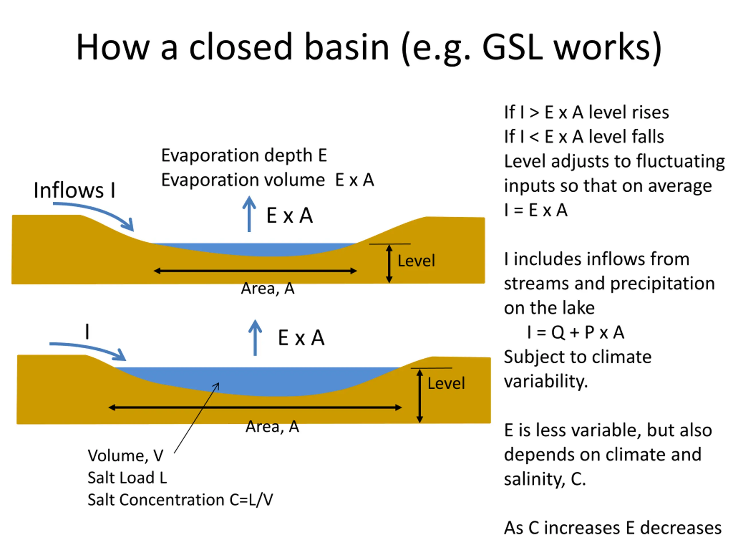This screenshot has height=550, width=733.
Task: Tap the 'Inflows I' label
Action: click(x=74, y=190)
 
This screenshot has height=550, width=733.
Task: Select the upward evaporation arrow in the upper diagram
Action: click(x=249, y=214)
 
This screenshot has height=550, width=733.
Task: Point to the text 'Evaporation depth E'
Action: click(x=244, y=155)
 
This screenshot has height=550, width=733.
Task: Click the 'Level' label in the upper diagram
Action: click(x=416, y=261)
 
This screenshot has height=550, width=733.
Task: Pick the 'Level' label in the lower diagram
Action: click(x=446, y=383)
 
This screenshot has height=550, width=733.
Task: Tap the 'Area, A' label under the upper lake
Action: click(x=268, y=288)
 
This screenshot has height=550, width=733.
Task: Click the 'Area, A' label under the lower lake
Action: click(x=272, y=427)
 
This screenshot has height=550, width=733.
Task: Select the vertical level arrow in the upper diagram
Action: click(x=389, y=264)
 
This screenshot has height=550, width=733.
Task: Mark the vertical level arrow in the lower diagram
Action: click(x=419, y=396)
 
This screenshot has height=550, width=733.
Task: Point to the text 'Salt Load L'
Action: click(x=127, y=478)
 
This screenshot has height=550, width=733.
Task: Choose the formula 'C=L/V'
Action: click(x=251, y=500)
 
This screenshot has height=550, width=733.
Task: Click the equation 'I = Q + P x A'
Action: click(x=576, y=332)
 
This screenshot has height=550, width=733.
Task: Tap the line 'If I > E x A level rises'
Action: click(x=586, y=112)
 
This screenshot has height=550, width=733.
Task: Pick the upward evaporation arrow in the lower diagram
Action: click(x=255, y=337)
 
